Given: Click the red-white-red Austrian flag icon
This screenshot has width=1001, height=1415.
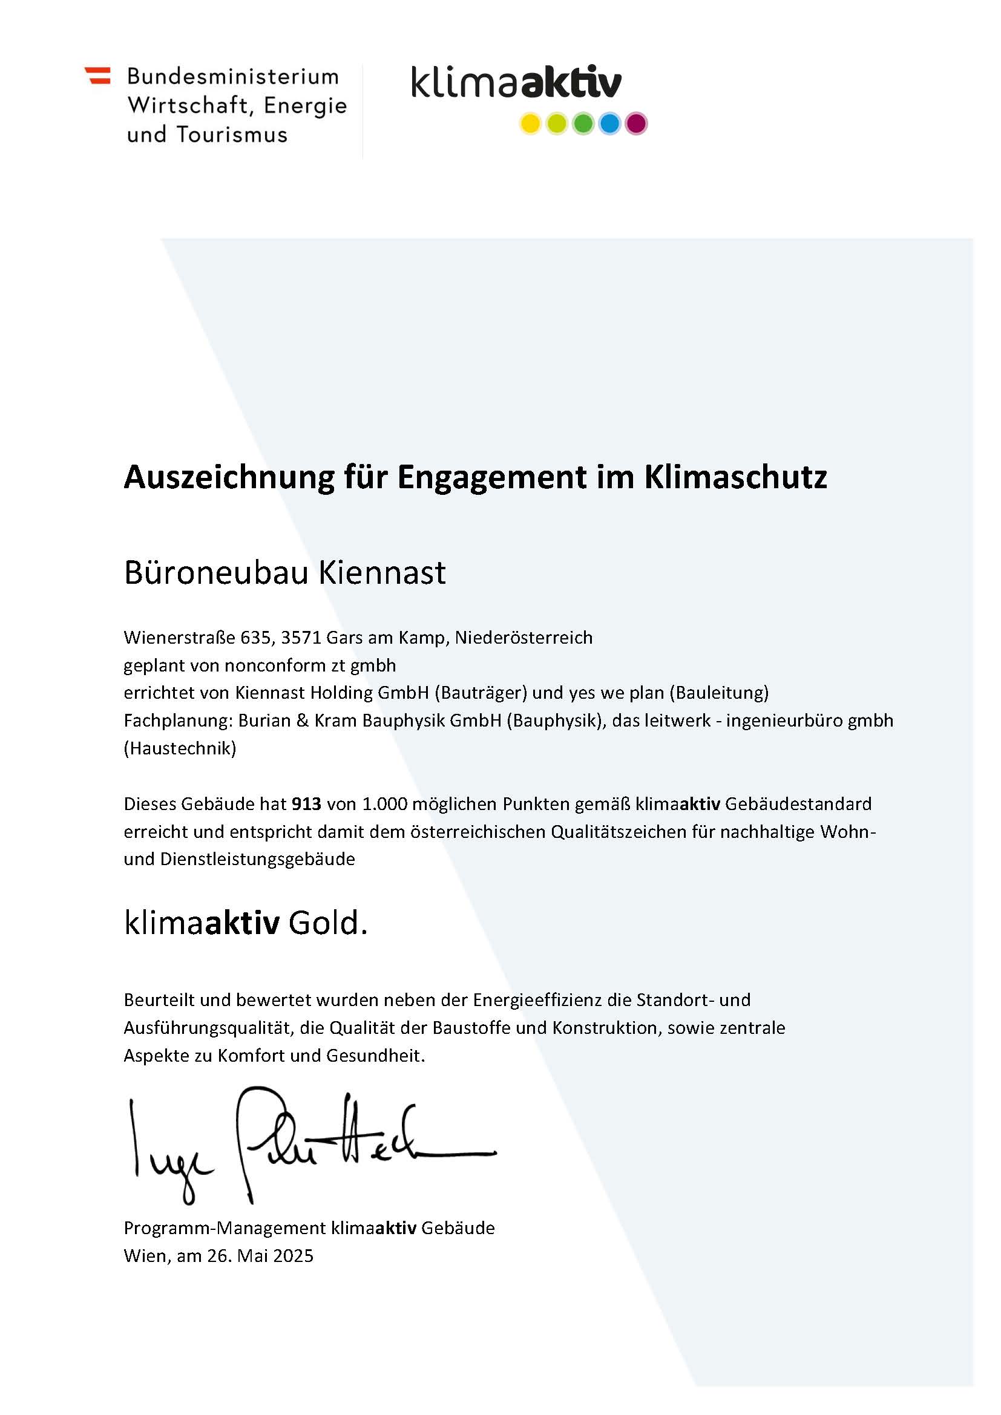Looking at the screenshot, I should tap(98, 76).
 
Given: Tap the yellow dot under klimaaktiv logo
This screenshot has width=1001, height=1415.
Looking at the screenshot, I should tap(530, 124).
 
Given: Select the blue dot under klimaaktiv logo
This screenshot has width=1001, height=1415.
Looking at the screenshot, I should tap(609, 124).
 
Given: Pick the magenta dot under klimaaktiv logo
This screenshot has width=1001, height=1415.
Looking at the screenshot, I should tap(635, 124).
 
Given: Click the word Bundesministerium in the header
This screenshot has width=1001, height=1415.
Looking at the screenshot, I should tap(233, 77).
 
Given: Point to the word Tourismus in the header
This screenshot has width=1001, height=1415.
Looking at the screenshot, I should tap(232, 135).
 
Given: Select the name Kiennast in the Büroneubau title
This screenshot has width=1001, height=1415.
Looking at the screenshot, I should tap(381, 572).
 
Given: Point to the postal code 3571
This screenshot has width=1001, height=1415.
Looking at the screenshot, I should tap(301, 637).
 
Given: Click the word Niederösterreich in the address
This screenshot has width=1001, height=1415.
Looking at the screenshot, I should tap(523, 637).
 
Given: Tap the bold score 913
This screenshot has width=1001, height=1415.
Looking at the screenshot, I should tap(306, 804).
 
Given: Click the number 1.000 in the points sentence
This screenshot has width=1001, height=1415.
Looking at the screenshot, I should tap(385, 804).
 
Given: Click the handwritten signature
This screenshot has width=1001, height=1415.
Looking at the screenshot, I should tap(308, 1144).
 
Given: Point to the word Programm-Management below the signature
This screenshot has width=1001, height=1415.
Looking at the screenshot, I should tap(225, 1227).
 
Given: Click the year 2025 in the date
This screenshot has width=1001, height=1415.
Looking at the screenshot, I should tap(293, 1256).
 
